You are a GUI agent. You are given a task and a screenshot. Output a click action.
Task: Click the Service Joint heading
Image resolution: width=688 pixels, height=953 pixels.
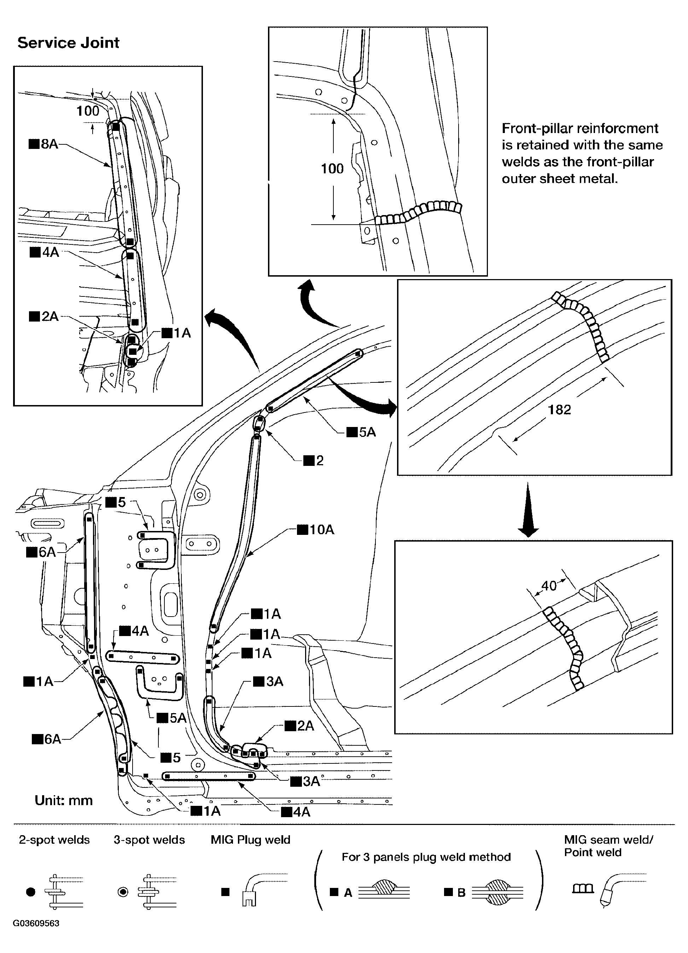(69, 43)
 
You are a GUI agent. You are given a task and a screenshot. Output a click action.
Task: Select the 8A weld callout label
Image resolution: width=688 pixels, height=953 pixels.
(45, 144)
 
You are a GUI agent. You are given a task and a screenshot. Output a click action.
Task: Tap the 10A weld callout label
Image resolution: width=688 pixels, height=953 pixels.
(316, 530)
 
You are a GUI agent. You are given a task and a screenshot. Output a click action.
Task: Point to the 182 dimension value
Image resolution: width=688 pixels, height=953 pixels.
(559, 410)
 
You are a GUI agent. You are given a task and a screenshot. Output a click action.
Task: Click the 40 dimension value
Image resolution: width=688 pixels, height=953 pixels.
(549, 586)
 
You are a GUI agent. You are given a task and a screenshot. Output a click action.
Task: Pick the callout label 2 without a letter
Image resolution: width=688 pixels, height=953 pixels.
(314, 461)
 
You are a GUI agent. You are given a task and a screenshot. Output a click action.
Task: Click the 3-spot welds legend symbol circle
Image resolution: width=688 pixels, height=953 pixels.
(123, 892)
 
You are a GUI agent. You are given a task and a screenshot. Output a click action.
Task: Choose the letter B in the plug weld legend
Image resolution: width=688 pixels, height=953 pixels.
(461, 893)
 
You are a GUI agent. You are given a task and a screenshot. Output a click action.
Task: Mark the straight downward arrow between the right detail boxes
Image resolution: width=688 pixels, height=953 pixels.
(528, 509)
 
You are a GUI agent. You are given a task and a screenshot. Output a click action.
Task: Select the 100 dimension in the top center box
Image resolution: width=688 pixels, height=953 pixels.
(332, 169)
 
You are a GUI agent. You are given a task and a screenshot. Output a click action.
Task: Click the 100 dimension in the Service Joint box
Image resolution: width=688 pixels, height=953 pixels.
(88, 111)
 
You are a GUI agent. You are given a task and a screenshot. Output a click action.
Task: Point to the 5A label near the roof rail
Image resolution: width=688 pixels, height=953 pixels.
(362, 432)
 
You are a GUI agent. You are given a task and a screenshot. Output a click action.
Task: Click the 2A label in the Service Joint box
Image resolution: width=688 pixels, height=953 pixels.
(45, 316)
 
